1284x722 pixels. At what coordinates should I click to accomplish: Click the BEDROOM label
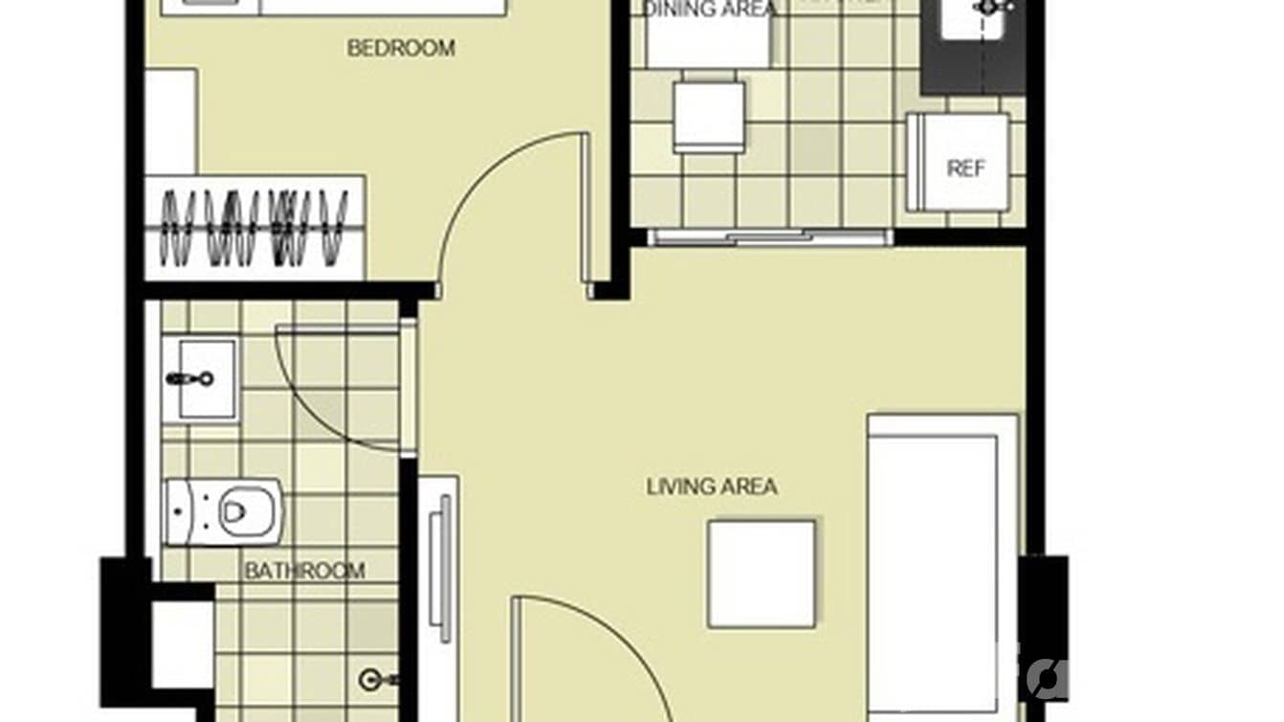pyautogui.click(x=401, y=48)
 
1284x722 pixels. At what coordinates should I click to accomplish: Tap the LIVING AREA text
pyautogui.click(x=712, y=486)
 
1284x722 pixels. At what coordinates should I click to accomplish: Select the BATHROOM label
pyautogui.click(x=304, y=572)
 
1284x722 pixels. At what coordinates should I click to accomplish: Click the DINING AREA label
pyautogui.click(x=709, y=10)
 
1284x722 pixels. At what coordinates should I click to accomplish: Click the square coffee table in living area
pyautogui.click(x=762, y=574)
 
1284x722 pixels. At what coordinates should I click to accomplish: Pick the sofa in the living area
pyautogui.click(x=941, y=565)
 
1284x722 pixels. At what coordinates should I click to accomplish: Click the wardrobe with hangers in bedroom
pyautogui.click(x=255, y=228)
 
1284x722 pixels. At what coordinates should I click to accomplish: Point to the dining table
pyautogui.click(x=708, y=38)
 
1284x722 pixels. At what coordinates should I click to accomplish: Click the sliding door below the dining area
pyautogui.click(x=770, y=237)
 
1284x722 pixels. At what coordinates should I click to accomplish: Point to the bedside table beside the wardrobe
pyautogui.click(x=171, y=120)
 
